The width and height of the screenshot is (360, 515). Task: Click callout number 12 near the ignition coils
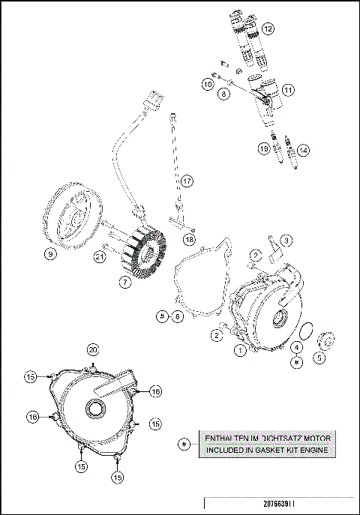268,29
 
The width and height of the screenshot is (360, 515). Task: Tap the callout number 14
303,150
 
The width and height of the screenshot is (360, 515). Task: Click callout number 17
187,181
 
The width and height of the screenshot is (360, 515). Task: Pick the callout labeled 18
189,238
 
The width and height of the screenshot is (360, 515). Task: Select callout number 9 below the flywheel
50,255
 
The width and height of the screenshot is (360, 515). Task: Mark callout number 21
98,257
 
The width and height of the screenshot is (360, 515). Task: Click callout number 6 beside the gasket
178,316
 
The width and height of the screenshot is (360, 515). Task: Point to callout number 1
240,349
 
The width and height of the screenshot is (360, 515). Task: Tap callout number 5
319,358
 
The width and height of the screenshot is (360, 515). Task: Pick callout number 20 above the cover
93,349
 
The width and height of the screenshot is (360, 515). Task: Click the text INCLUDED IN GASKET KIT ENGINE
267,450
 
